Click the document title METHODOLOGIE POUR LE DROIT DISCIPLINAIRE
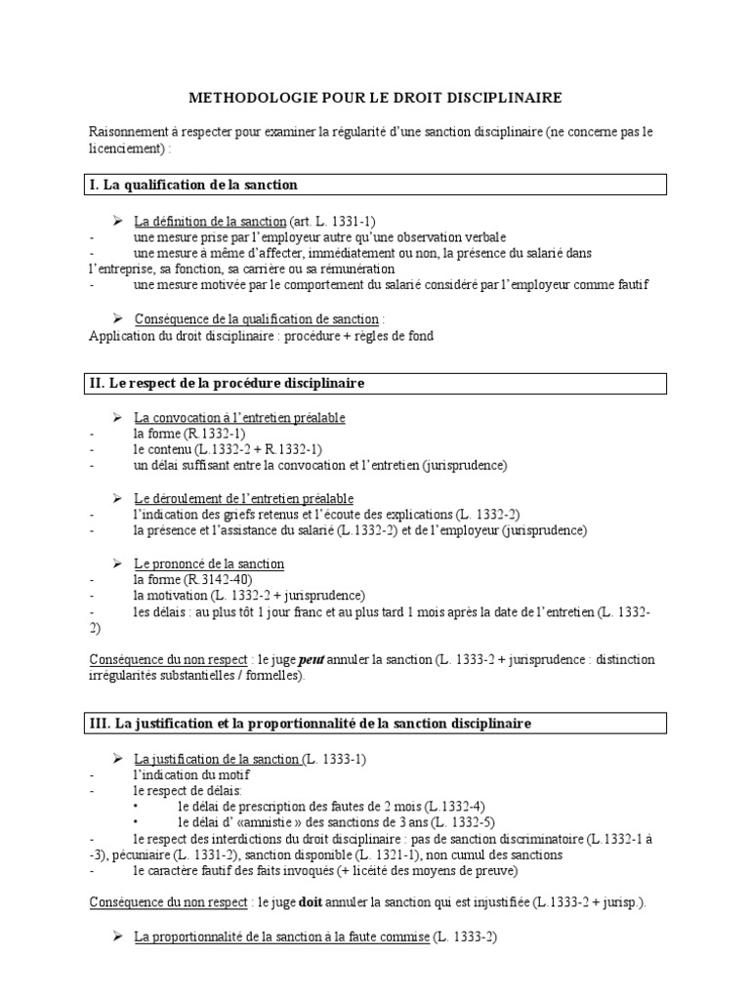tap(374, 99)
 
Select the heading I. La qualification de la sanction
tap(193, 185)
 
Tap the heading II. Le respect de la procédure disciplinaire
tap(226, 383)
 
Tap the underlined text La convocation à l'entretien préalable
tap(239, 418)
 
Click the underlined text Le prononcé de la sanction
tap(209, 563)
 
